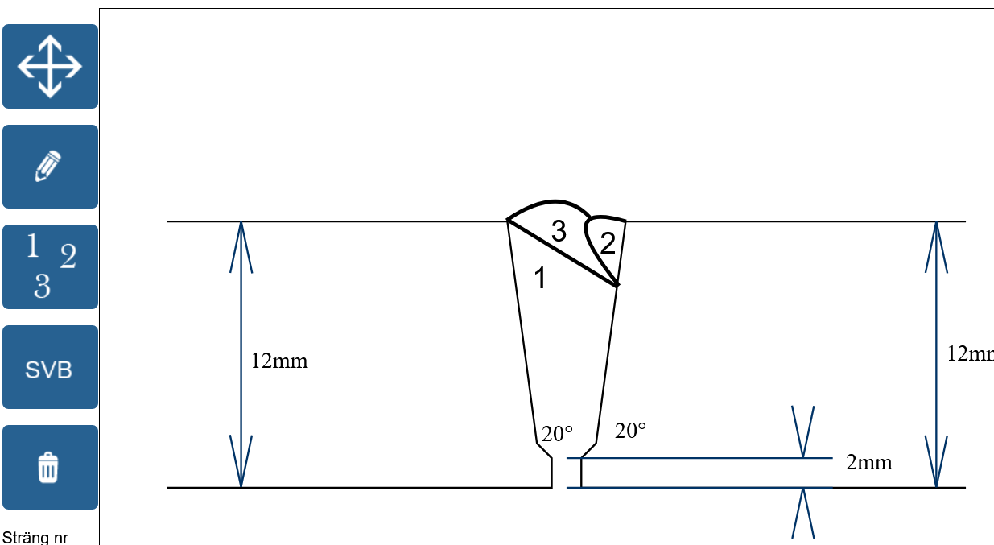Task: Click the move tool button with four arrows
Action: tap(50, 67)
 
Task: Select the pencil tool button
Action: tap(50, 167)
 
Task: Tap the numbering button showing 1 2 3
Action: tap(50, 266)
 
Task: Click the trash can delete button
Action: tap(50, 467)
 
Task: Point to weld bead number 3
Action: tap(559, 231)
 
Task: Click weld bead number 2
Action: tap(608, 244)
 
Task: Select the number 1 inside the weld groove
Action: tap(541, 279)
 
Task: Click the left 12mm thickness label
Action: tap(279, 361)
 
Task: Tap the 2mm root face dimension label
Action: tap(868, 463)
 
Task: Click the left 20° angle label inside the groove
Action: tap(557, 434)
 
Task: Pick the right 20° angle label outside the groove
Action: tap(630, 431)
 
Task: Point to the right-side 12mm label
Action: tap(970, 353)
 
